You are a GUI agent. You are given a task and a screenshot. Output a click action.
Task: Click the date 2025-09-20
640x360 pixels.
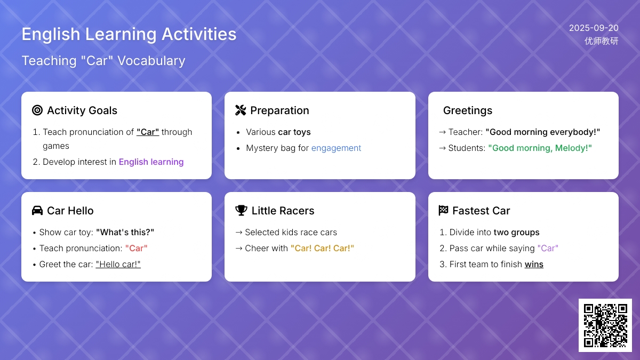[x=594, y=28]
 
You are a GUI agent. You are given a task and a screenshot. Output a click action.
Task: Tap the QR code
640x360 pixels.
[x=605, y=325]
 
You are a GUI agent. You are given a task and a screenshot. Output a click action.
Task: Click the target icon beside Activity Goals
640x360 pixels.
[x=37, y=110]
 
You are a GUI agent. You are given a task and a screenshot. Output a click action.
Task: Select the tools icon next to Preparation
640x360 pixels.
[x=241, y=110]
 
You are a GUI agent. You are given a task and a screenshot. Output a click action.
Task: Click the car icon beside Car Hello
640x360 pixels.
[x=37, y=211]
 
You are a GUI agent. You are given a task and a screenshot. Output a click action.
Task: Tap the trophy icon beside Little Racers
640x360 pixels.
[x=241, y=211]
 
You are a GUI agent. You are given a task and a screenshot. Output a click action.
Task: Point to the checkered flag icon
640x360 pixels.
[x=443, y=211]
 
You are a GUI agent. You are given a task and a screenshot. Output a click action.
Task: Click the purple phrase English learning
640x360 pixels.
[x=151, y=162]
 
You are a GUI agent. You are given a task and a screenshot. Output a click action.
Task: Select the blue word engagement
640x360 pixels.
[x=336, y=148]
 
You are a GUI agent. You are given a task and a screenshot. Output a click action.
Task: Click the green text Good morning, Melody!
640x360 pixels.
[x=540, y=148]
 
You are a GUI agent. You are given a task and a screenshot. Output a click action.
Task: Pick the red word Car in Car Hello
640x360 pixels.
[x=137, y=248]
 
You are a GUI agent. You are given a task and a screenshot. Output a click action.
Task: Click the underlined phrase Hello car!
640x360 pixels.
[x=118, y=264]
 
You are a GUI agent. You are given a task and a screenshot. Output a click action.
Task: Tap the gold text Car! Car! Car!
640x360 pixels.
[x=322, y=248]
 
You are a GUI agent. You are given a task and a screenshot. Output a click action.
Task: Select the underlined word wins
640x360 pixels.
[x=534, y=264]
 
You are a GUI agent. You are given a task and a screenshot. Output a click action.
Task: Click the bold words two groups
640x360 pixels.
[x=517, y=233]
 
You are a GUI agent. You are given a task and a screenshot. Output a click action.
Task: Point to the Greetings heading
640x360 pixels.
[x=468, y=110]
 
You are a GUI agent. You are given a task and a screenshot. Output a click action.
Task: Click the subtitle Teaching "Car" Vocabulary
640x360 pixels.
[x=103, y=61]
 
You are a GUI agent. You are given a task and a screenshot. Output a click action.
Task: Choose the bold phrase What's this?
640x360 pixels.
[x=125, y=232]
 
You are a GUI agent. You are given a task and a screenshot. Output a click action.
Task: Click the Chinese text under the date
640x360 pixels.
[x=602, y=41]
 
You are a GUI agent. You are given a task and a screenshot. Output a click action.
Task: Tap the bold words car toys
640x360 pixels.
[x=294, y=132]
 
